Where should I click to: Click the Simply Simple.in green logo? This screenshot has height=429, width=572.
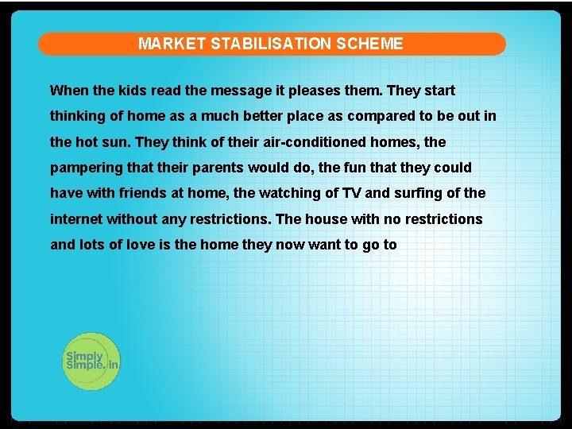tap(91, 361)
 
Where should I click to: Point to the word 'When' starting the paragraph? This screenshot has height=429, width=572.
tap(67, 91)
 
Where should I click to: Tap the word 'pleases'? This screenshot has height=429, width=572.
tap(325, 91)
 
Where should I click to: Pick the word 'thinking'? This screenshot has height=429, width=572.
tap(77, 116)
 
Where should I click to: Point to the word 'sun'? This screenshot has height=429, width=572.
tap(118, 142)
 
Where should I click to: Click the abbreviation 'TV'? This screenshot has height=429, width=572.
tap(351, 193)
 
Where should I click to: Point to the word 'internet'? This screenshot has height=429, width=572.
tap(76, 218)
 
